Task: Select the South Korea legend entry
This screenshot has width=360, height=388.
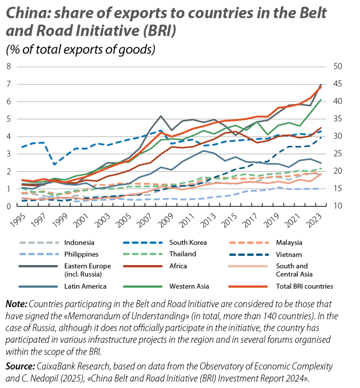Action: tap(185, 242)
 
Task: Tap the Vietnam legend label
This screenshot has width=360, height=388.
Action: tap(291, 254)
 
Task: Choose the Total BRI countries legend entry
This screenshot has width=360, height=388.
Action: tap(305, 286)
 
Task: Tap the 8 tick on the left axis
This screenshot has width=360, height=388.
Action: tap(8, 66)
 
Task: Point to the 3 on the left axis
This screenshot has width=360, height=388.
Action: tap(8, 154)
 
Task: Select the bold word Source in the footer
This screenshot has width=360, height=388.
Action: tap(18, 366)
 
